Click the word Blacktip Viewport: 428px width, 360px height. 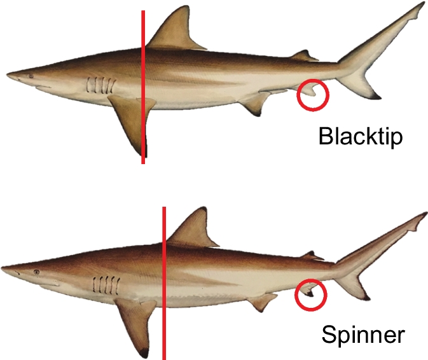point(361,136)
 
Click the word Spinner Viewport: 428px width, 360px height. point(363,335)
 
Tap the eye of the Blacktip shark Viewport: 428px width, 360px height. point(31,76)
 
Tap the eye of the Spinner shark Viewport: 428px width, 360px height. point(36,272)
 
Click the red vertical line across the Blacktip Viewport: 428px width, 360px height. point(143,87)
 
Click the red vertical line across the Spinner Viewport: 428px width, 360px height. point(164,283)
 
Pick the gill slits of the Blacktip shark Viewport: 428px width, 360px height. point(100,85)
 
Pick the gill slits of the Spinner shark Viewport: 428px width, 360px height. point(106,285)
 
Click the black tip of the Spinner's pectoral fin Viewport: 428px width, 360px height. point(144,353)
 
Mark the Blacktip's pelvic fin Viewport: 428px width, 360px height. point(255,103)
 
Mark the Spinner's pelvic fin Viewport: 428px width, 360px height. point(262,302)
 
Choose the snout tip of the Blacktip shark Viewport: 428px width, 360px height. point(7,74)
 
